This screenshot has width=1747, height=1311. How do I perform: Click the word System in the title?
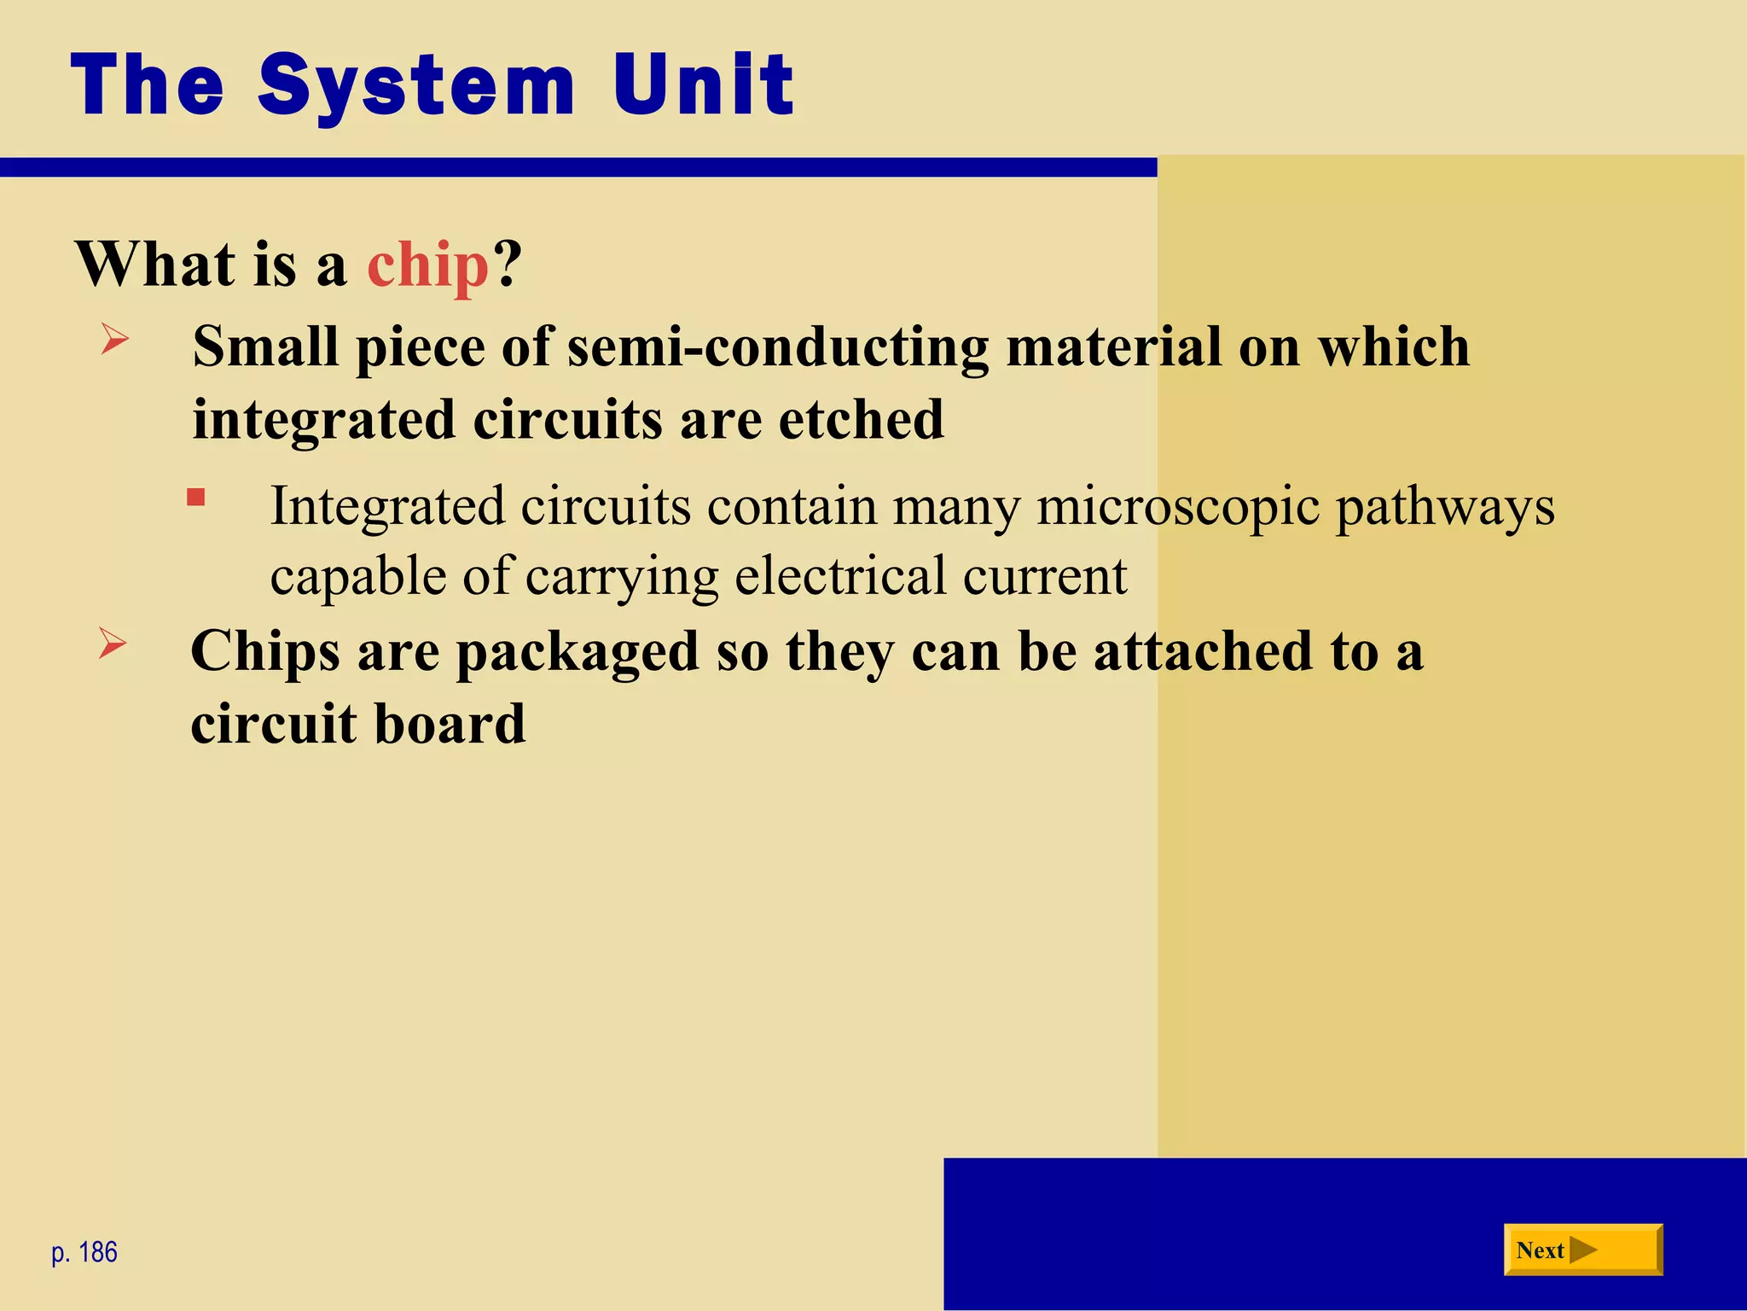416,85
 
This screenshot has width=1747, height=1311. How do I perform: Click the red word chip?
427,265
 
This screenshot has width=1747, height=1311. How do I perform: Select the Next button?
1582,1250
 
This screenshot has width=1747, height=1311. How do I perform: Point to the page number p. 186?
84,1252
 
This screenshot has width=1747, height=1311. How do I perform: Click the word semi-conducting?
777,348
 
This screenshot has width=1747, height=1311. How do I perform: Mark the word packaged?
577,653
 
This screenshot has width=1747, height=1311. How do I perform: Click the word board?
450,724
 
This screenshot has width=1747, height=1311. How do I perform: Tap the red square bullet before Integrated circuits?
196,498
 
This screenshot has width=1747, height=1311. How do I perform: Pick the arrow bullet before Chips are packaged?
113,643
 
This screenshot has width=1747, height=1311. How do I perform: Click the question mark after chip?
507,265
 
